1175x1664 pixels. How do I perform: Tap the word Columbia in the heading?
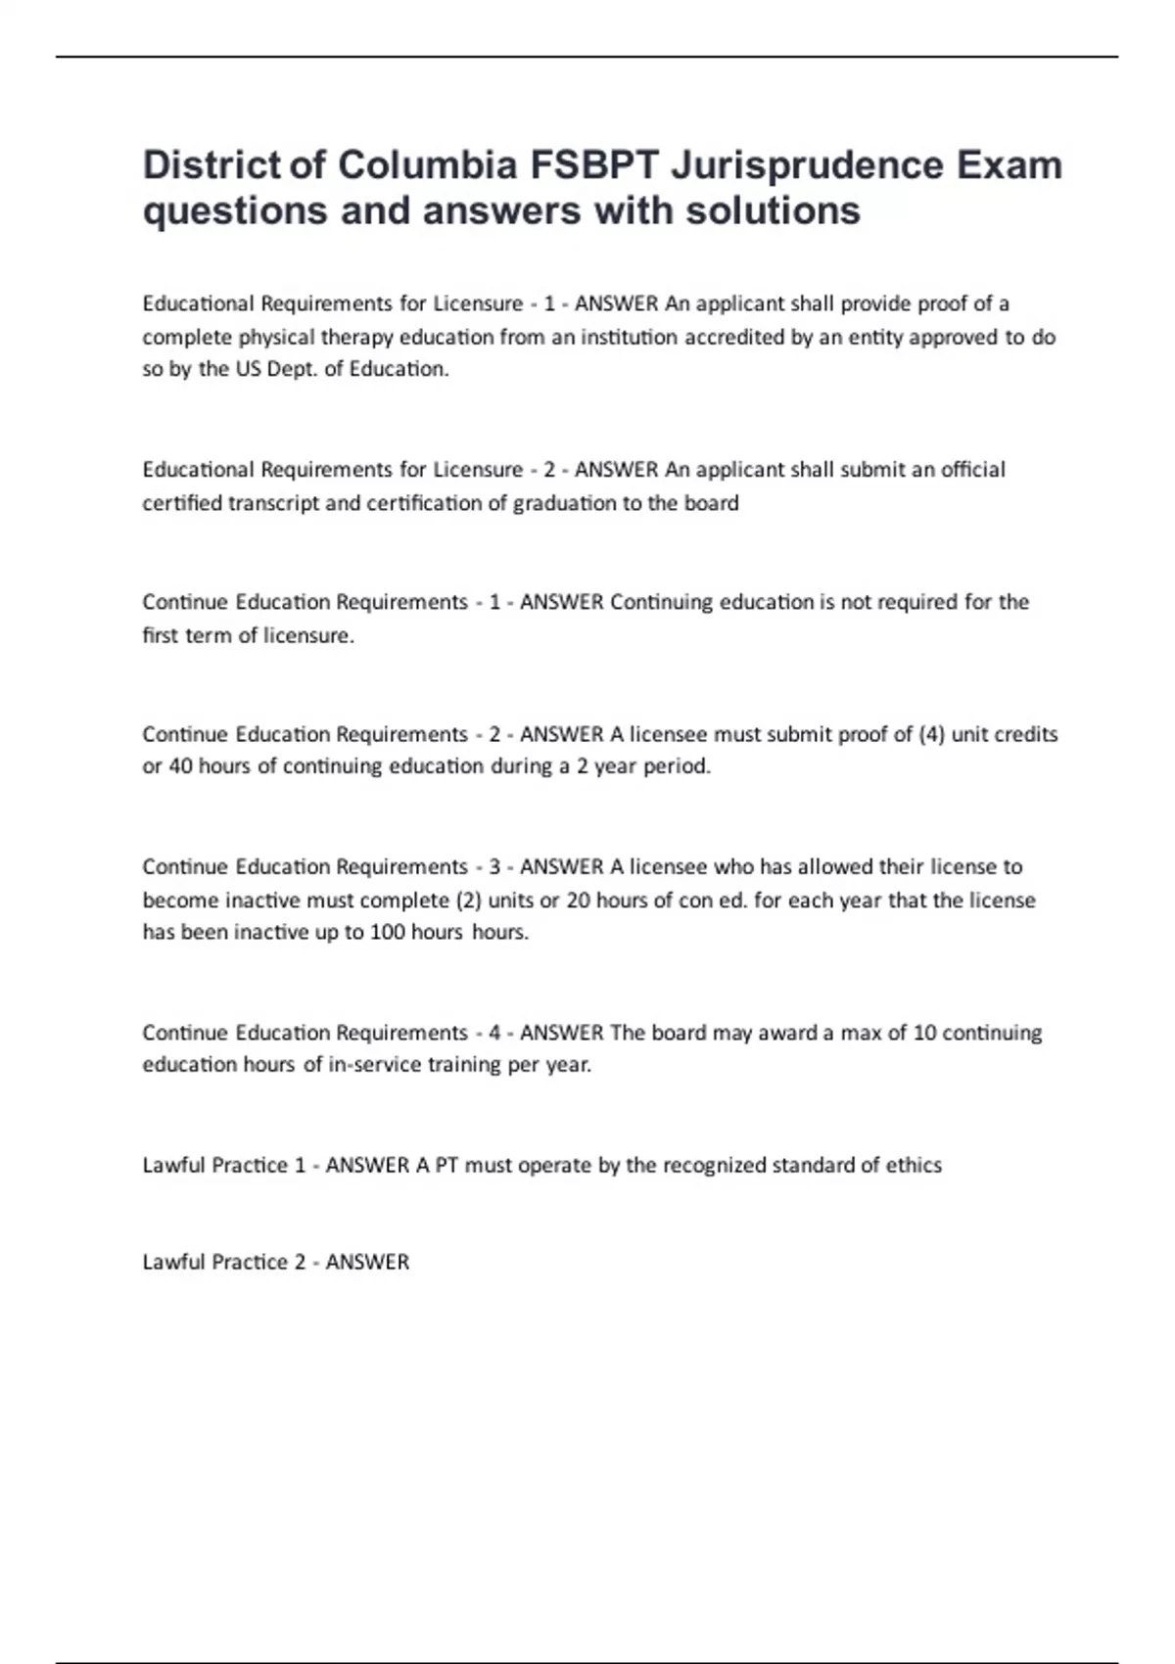click(x=427, y=165)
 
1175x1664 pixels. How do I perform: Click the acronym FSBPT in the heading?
click(x=594, y=165)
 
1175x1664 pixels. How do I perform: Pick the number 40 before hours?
click(x=181, y=766)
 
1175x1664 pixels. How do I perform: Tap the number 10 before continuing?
click(x=924, y=1033)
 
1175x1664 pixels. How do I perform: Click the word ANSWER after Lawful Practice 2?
click(x=367, y=1262)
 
